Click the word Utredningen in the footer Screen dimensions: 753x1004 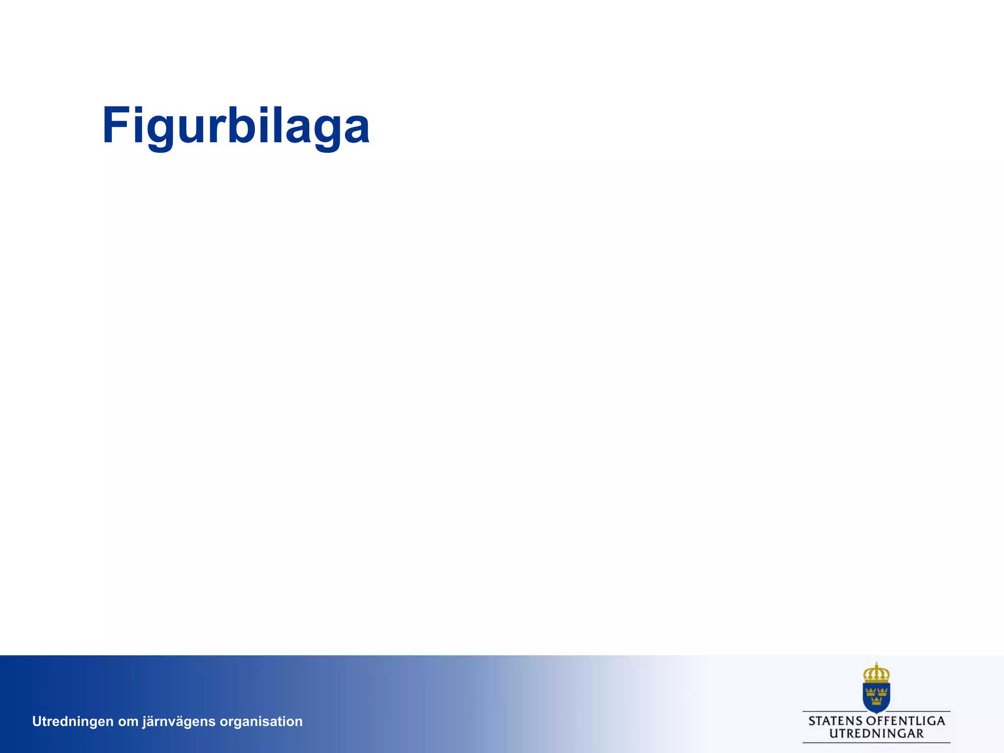pyautogui.click(x=73, y=721)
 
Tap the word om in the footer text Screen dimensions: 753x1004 pyautogui.click(x=128, y=722)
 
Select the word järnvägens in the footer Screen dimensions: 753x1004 pyautogui.click(x=179, y=722)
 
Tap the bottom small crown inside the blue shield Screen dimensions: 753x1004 pyautogui.click(x=877, y=702)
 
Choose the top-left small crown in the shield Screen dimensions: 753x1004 pyautogui.click(x=871, y=692)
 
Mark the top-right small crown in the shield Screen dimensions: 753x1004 pyautogui.click(x=882, y=692)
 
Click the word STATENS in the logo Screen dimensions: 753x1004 pyautogui.click(x=835, y=721)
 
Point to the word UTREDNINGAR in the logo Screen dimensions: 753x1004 pyautogui.click(x=876, y=734)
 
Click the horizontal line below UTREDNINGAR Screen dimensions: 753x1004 pyautogui.click(x=876, y=743)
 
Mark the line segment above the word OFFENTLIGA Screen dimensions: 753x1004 pyautogui.click(x=920, y=711)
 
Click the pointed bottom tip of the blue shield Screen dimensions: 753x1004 pyautogui.click(x=877, y=712)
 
